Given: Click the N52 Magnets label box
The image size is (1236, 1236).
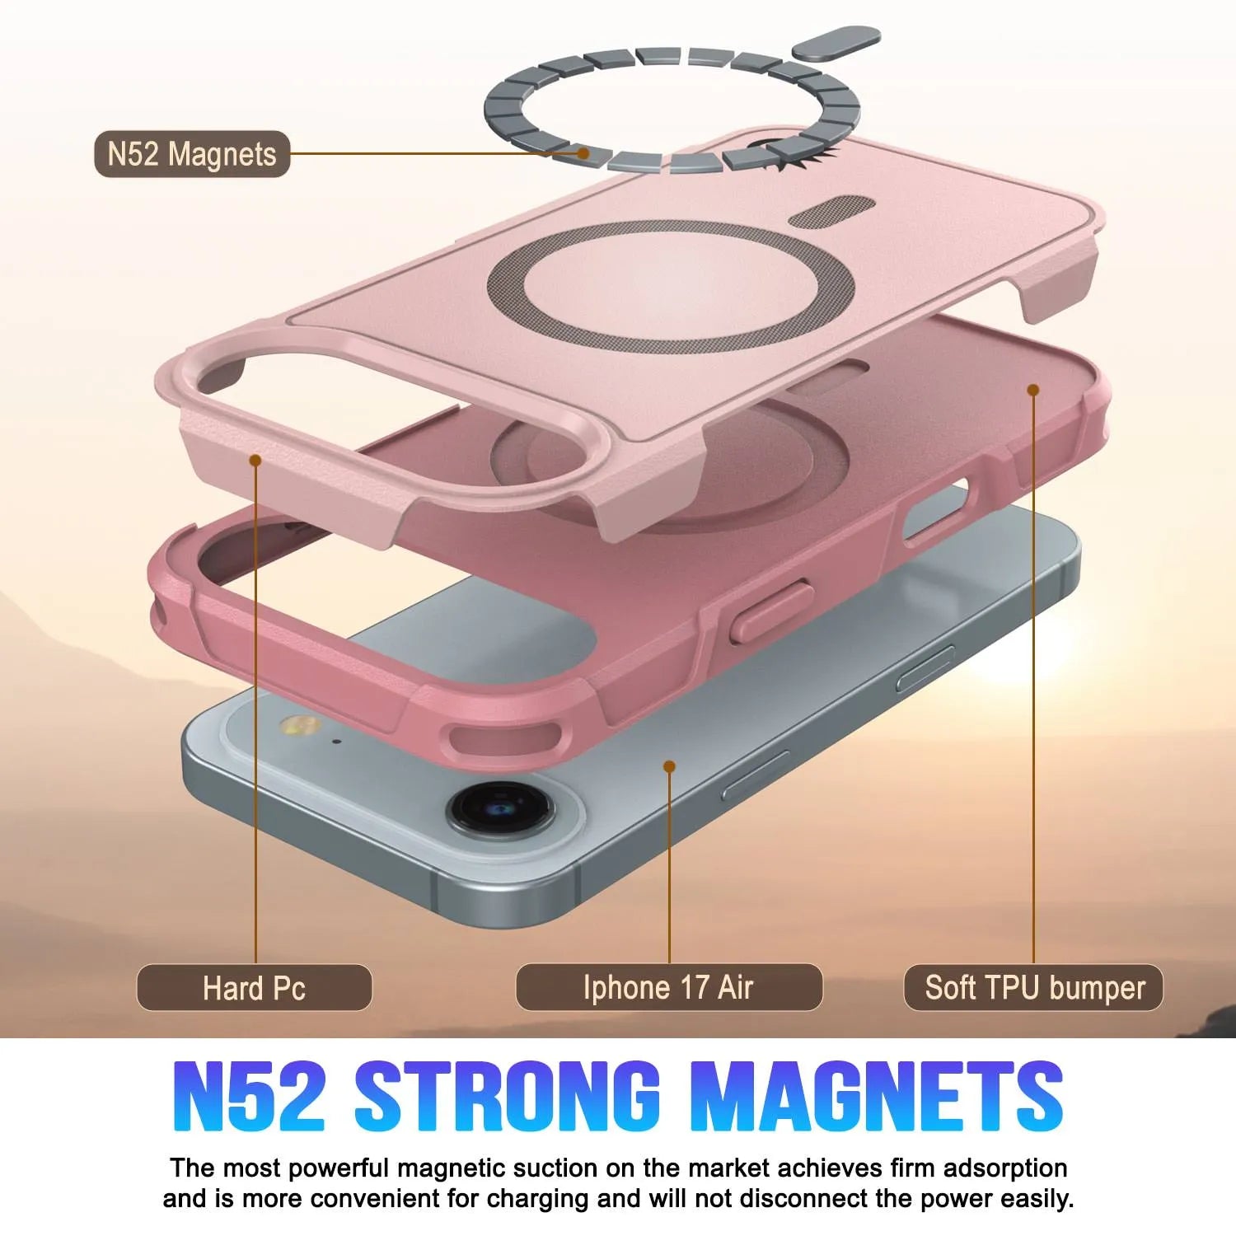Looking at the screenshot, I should tap(192, 154).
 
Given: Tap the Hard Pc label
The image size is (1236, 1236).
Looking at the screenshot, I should tap(254, 987).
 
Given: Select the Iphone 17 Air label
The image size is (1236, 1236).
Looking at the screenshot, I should tap(668, 987).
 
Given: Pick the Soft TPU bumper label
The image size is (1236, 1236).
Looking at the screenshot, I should tap(1034, 987).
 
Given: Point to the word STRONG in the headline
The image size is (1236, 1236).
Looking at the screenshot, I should tap(508, 1096).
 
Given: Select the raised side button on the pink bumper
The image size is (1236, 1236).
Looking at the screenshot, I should tap(771, 609).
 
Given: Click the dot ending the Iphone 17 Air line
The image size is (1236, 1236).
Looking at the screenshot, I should tap(669, 766).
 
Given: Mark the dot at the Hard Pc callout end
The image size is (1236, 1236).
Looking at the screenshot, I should tap(255, 460).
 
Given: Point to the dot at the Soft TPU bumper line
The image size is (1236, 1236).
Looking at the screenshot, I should tap(1033, 389).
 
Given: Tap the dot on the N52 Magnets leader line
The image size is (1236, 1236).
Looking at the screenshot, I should tap(583, 152).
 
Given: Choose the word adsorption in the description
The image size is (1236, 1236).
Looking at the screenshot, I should tap(1005, 1168).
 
